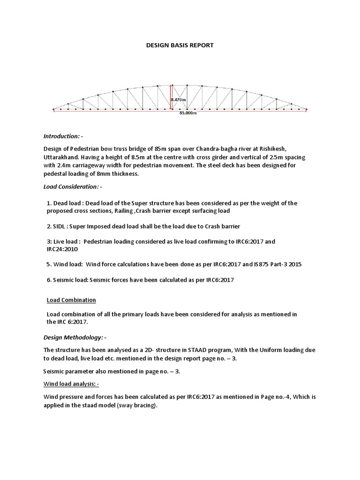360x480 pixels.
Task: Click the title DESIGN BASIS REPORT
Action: pyautogui.click(x=180, y=45)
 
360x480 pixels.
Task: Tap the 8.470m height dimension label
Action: pyautogui.click(x=178, y=100)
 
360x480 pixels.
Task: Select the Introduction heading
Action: pyautogui.click(x=63, y=136)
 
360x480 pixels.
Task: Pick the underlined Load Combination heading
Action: pyautogui.click(x=71, y=300)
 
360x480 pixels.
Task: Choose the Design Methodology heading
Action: pyautogui.click(x=75, y=337)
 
